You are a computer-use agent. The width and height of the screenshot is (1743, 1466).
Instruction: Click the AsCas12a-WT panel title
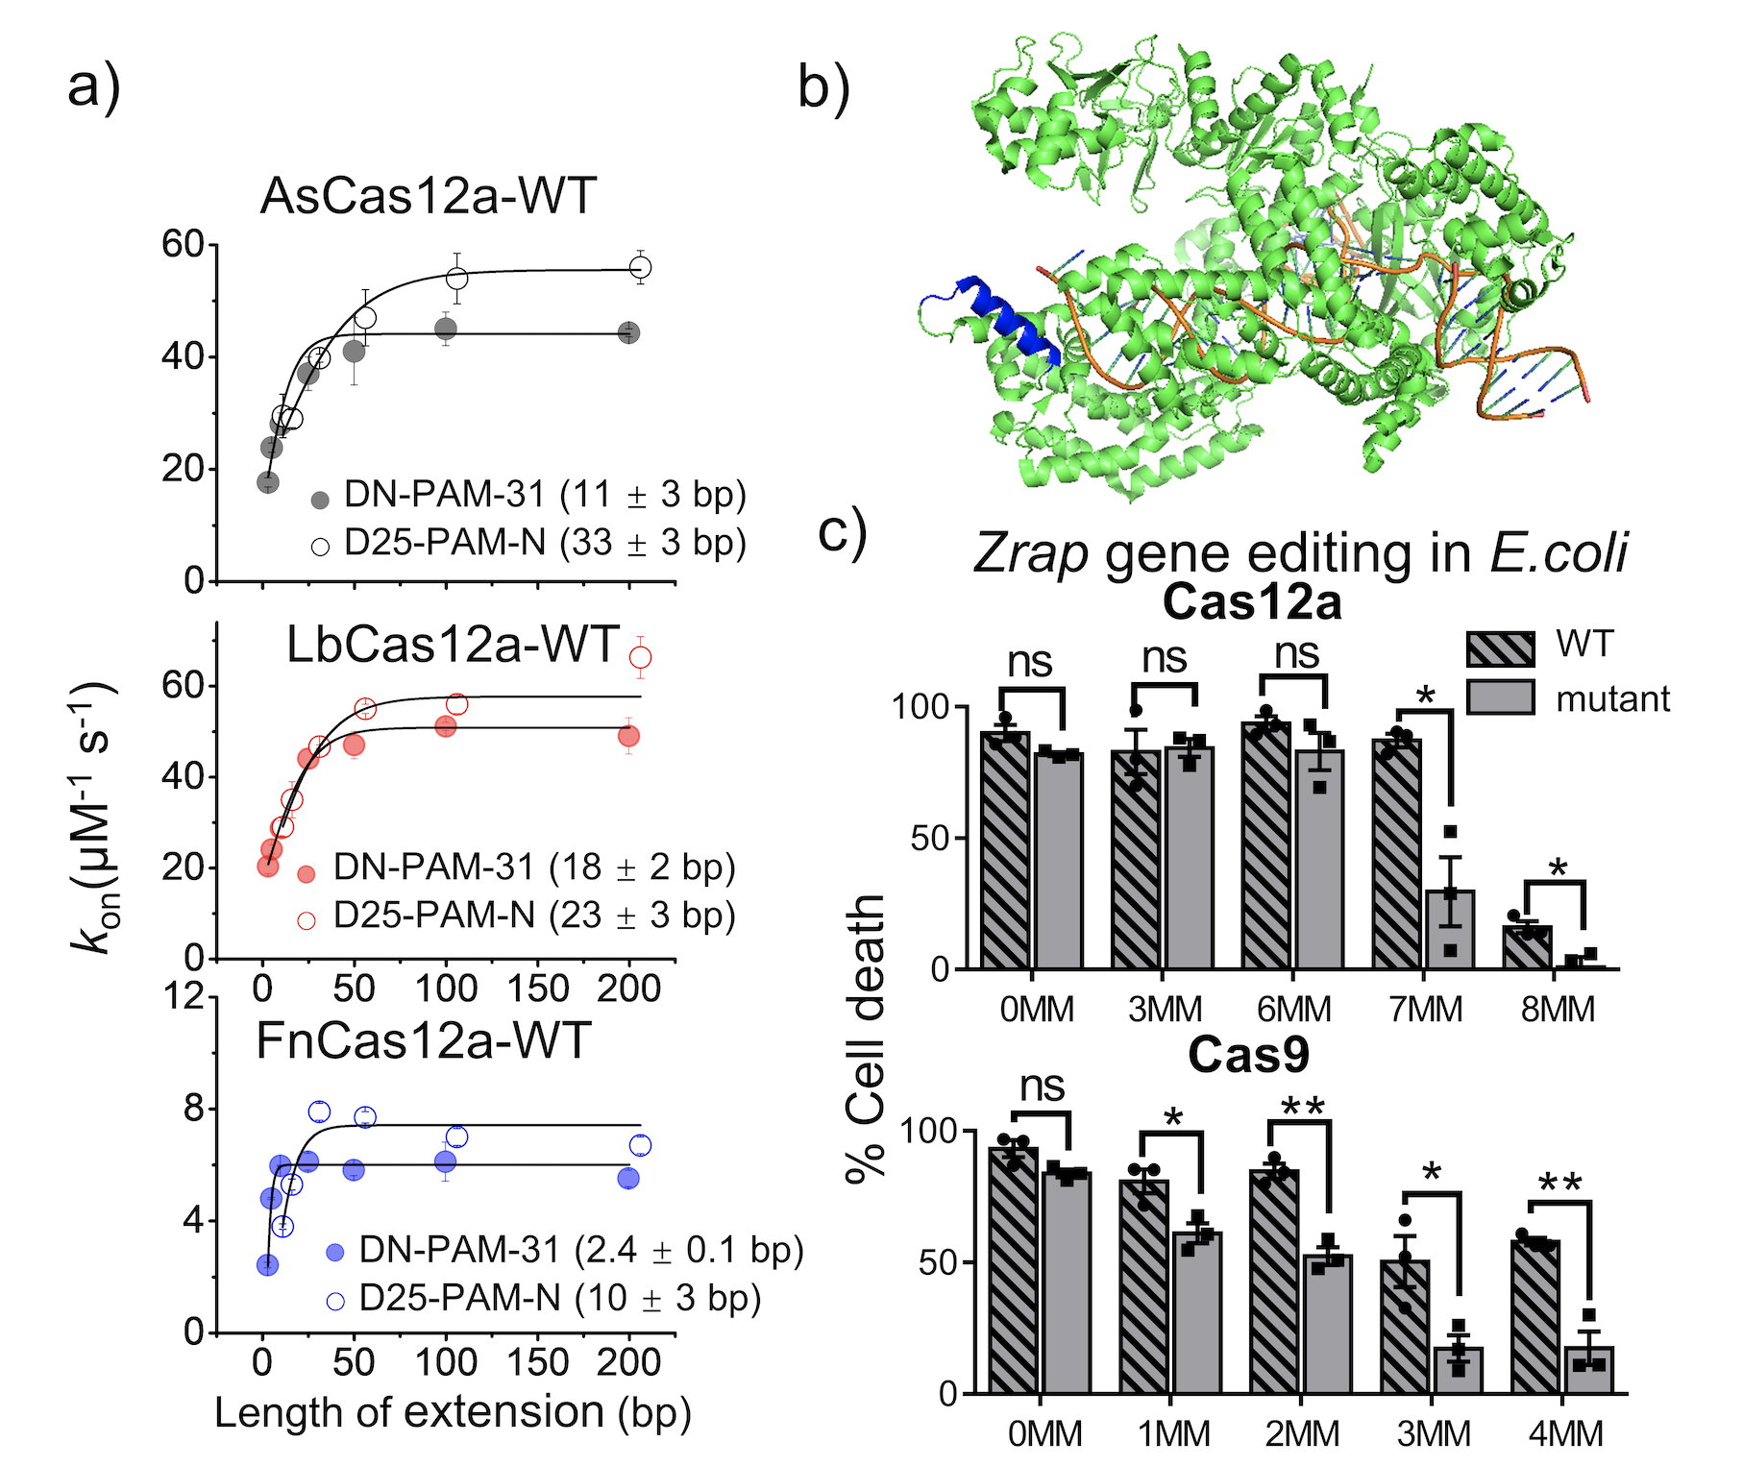[x=429, y=196]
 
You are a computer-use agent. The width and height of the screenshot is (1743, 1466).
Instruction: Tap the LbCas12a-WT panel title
[x=453, y=645]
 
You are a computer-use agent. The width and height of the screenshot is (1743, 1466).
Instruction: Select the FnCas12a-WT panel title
[x=423, y=1041]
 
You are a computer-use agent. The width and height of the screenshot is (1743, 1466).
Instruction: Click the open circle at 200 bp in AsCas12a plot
[x=640, y=267]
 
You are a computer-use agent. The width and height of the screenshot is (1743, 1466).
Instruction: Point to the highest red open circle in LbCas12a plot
[x=640, y=657]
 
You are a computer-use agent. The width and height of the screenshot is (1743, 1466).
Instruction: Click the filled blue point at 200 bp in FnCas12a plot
[x=628, y=1178]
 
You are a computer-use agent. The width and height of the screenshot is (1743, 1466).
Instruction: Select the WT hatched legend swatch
[x=1500, y=648]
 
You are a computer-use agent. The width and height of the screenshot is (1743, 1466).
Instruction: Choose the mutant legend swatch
[x=1500, y=697]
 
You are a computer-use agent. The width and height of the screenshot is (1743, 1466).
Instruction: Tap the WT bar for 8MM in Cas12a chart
[x=1527, y=947]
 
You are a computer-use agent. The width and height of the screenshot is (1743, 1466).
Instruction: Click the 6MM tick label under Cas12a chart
[x=1293, y=1010]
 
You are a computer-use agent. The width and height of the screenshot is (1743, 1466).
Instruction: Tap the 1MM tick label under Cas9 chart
[x=1173, y=1434]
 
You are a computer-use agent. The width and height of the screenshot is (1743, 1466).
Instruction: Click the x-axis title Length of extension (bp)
[x=453, y=1413]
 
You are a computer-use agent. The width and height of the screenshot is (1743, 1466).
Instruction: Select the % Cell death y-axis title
[x=866, y=1038]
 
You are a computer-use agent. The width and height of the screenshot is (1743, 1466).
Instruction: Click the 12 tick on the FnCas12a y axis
[x=184, y=996]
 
